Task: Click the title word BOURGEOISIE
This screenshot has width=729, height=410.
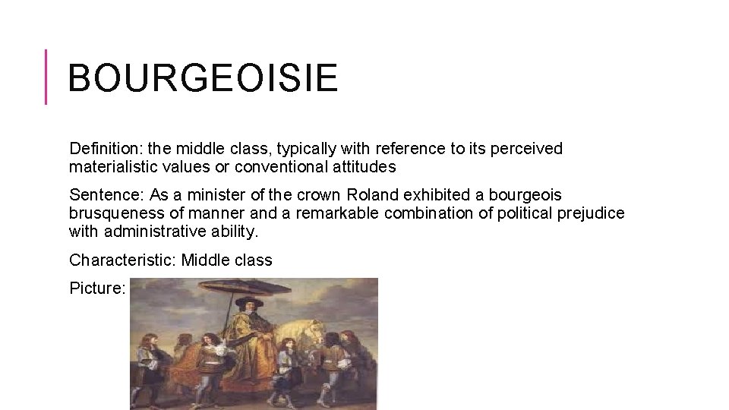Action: tap(202, 78)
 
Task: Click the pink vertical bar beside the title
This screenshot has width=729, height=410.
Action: tap(46, 76)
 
